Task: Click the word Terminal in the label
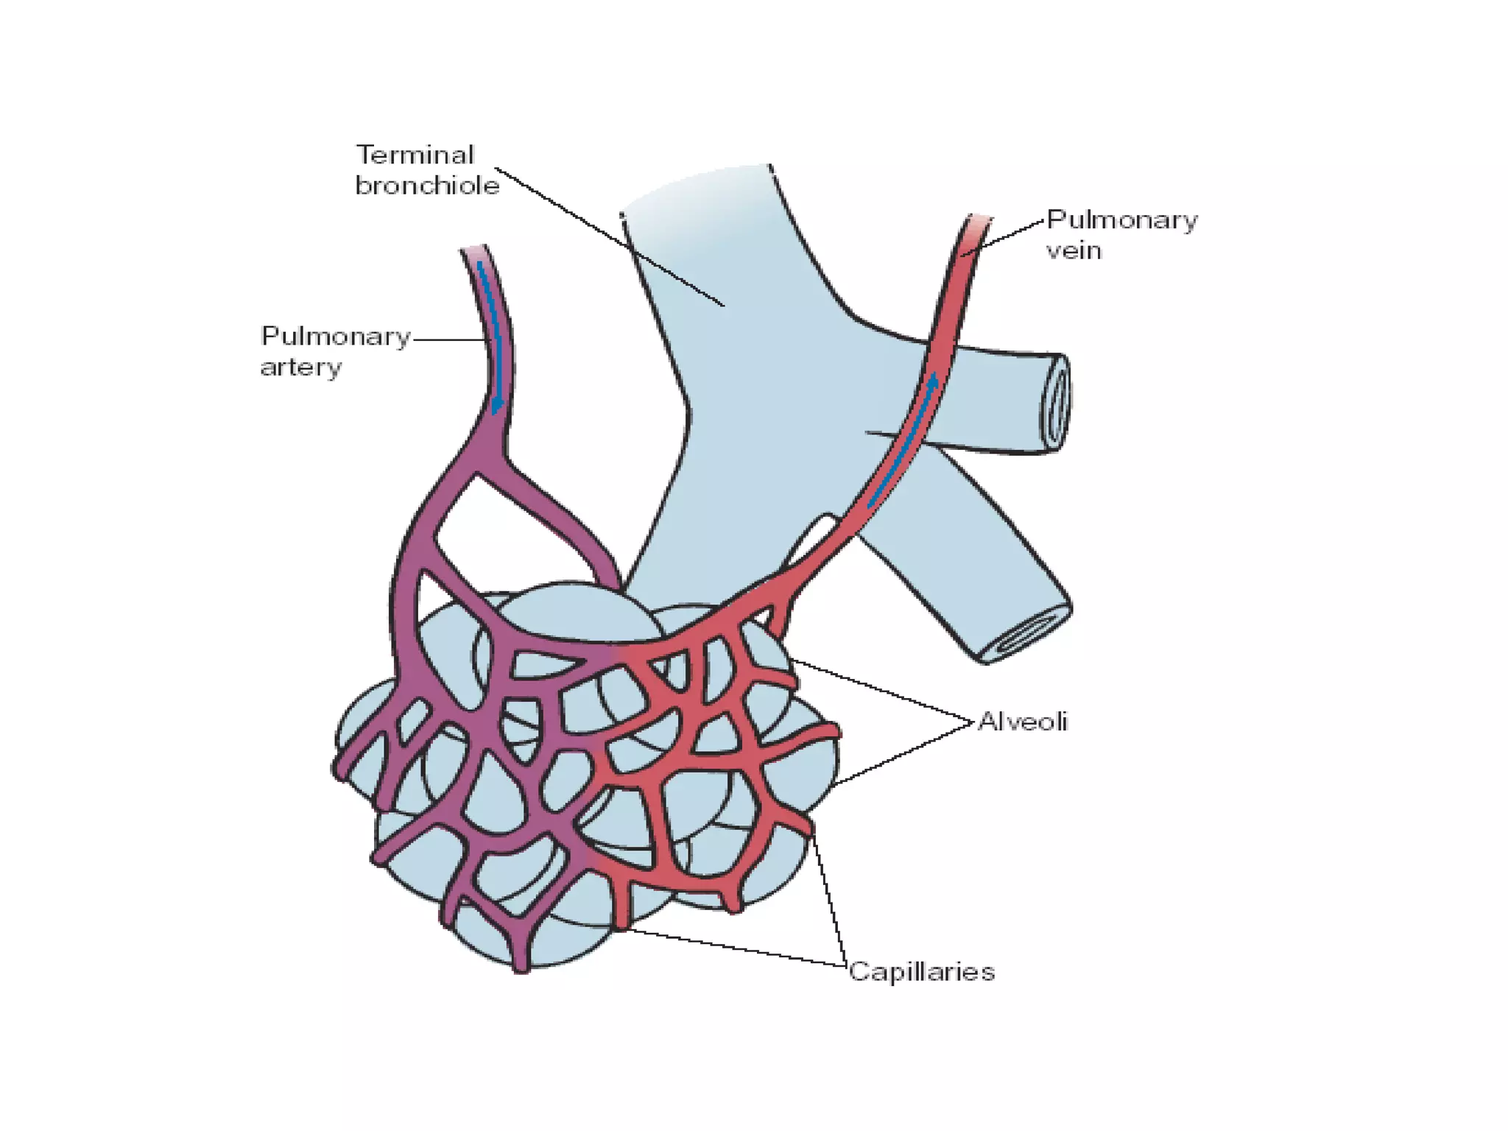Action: [415, 155]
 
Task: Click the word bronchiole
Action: [427, 186]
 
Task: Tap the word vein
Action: [1074, 250]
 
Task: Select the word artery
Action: [300, 367]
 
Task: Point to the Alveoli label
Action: [1022, 722]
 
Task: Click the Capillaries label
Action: [921, 972]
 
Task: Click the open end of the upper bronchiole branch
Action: [1055, 401]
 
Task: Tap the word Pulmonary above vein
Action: [1121, 219]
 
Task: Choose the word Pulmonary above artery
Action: [335, 337]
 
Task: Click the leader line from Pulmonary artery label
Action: [449, 339]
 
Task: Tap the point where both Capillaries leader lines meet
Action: [845, 964]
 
